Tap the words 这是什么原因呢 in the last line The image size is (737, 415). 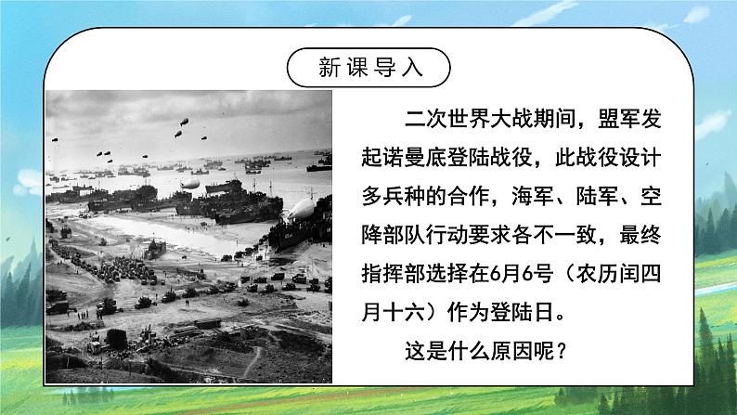click(x=477, y=355)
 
